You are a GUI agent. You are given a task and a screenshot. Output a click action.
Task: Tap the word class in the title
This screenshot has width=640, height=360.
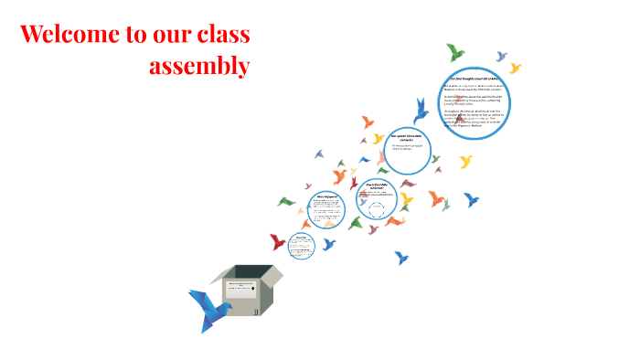(x=222, y=35)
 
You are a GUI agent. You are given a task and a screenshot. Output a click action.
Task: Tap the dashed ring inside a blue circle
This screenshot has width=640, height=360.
(x=376, y=208)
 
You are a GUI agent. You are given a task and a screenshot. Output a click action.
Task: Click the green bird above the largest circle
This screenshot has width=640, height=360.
(x=454, y=52)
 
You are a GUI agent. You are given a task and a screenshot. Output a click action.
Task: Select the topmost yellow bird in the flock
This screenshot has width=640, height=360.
(x=515, y=68)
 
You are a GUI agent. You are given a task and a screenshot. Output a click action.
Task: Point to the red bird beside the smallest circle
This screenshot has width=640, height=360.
(x=278, y=242)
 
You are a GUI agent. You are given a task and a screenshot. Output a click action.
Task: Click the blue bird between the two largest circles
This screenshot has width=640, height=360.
(x=421, y=111)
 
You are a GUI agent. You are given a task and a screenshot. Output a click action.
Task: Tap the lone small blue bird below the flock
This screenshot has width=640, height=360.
(x=400, y=258)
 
